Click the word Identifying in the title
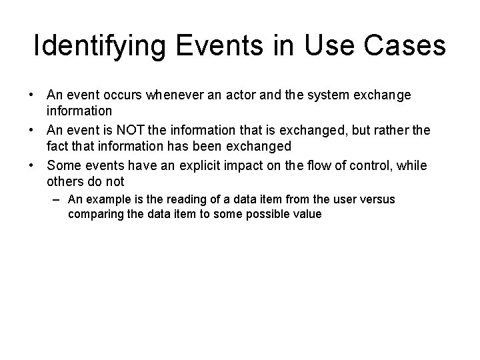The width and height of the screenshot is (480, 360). click(94, 46)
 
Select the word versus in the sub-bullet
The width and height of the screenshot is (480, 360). click(377, 200)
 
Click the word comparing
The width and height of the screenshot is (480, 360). click(94, 215)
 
